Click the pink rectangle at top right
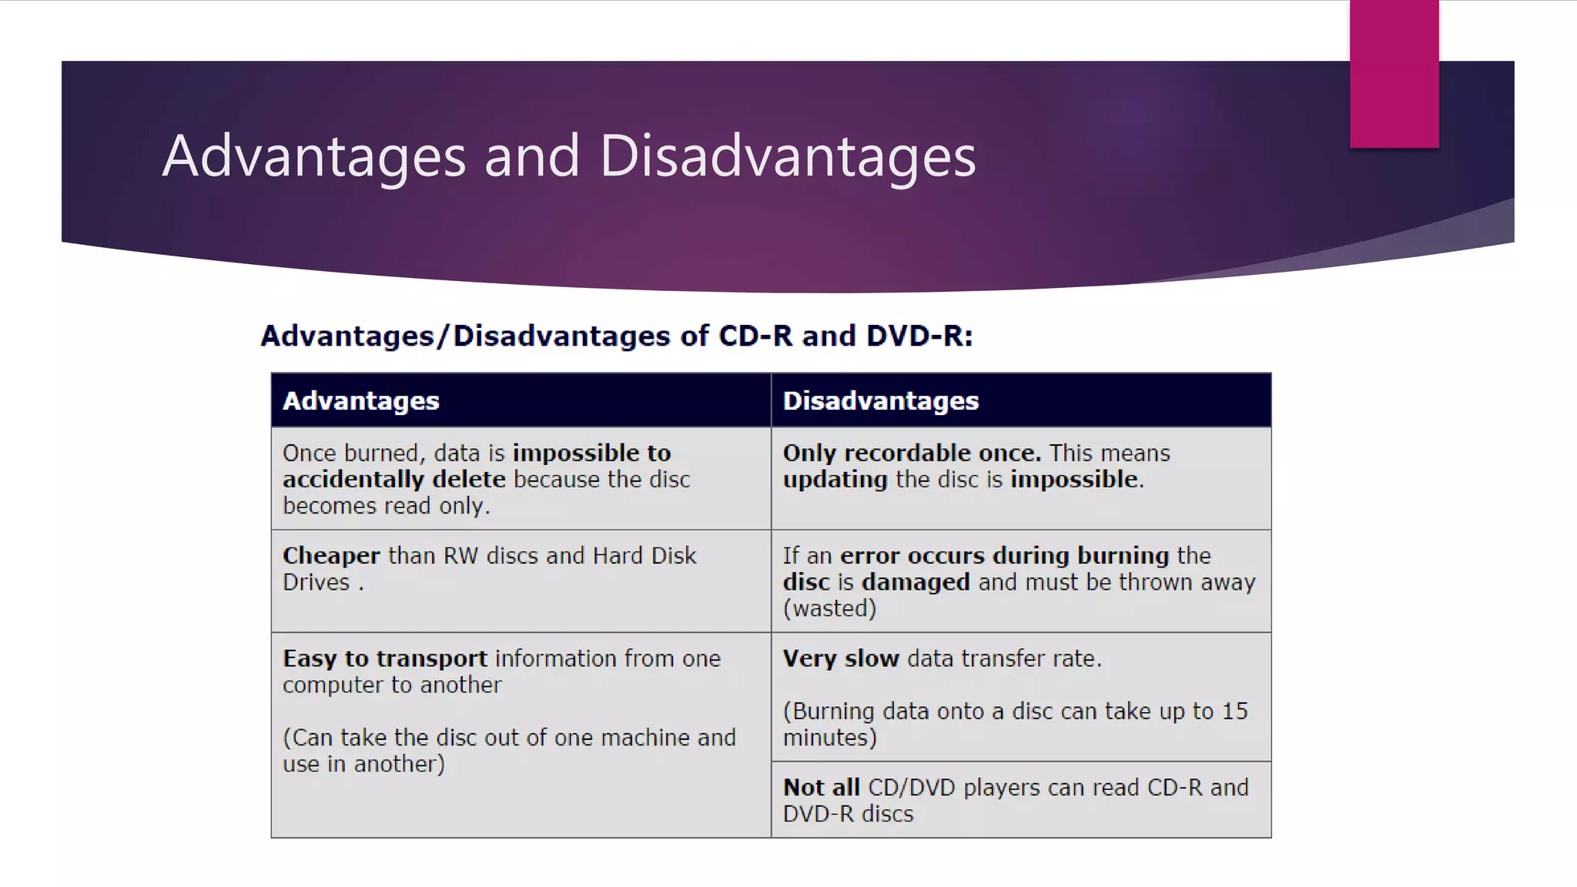(1394, 73)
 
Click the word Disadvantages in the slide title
(787, 156)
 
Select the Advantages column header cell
(521, 400)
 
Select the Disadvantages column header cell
(1020, 400)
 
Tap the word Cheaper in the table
(331, 556)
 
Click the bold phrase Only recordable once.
(912, 453)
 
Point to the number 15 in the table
(1234, 711)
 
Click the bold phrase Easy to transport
(385, 658)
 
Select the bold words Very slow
(841, 658)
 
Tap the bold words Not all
(821, 787)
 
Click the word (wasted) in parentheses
(829, 608)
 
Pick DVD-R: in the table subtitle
(919, 336)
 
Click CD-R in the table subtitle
(755, 336)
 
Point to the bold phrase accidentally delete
(394, 479)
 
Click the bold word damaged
(916, 582)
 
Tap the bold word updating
(835, 479)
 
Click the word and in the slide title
(531, 156)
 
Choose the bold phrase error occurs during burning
(1004, 556)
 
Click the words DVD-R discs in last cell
(848, 814)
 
